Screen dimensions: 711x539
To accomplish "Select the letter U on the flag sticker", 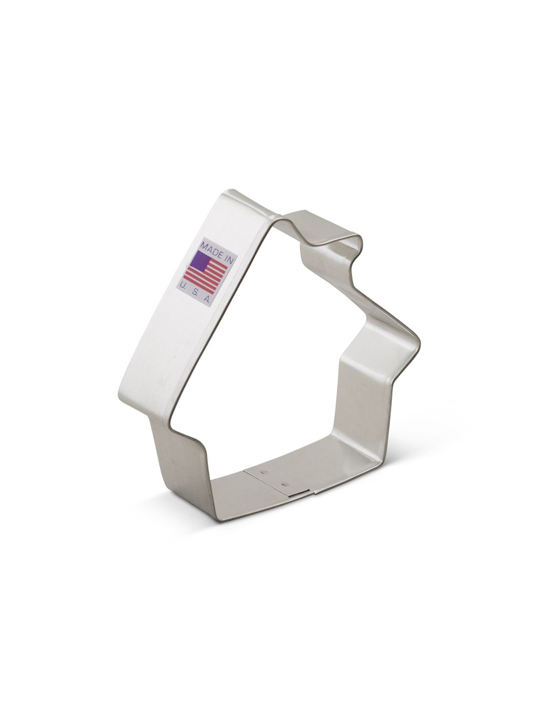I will click(184, 284).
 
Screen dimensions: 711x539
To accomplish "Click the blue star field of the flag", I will click(199, 263).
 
